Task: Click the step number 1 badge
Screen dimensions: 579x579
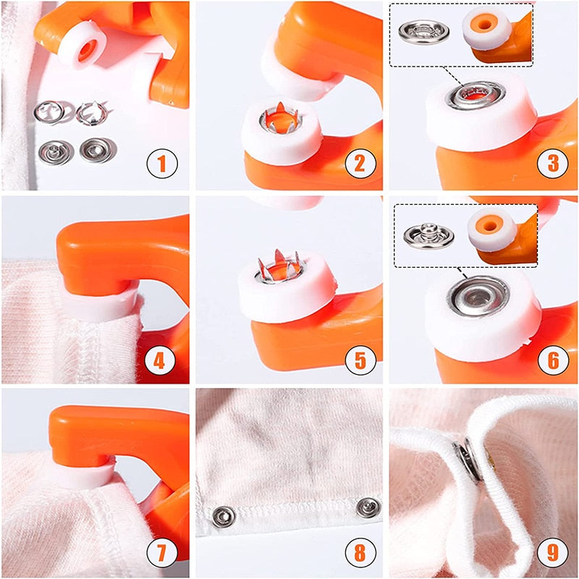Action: point(162,164)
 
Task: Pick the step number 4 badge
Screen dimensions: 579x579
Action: point(162,358)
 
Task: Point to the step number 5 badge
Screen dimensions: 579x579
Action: point(360,358)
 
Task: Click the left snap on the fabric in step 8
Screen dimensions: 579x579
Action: point(223,515)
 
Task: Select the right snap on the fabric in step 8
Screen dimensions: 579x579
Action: point(369,507)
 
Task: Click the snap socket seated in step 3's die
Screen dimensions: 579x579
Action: point(476,95)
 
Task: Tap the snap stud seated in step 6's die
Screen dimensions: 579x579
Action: point(476,295)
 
